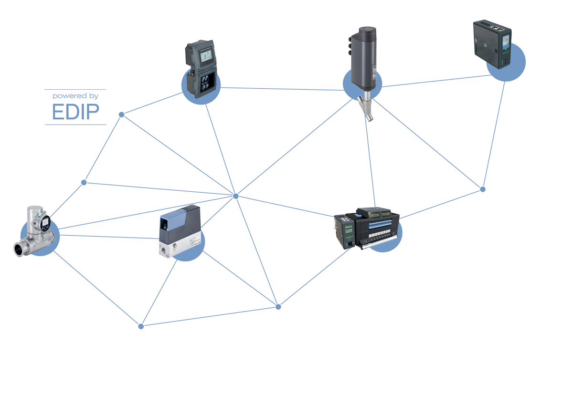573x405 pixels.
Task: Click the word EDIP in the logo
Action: [x=75, y=112]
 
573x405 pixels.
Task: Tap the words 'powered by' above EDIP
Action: [x=75, y=96]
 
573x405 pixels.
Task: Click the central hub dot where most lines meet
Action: [x=235, y=196]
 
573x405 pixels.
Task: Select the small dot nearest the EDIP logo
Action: [x=121, y=114]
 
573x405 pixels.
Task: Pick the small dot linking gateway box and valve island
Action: [x=482, y=189]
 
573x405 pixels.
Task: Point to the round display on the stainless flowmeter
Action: [x=45, y=221]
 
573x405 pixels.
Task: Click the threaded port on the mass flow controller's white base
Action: [x=174, y=247]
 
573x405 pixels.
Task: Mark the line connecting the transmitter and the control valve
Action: [x=282, y=89]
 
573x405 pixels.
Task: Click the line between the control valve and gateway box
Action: [x=430, y=81]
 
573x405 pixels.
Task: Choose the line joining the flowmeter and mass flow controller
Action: [x=105, y=236]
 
